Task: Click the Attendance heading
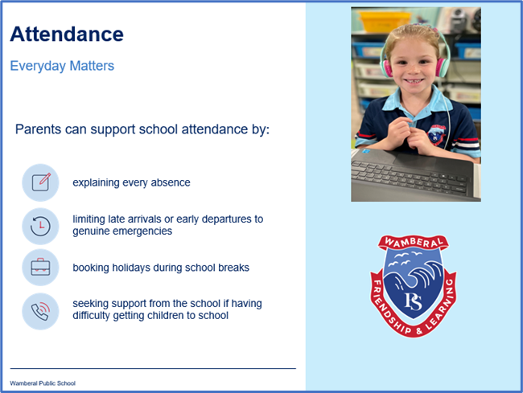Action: click(67, 35)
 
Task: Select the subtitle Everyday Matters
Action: click(62, 66)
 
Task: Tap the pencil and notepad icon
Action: click(41, 182)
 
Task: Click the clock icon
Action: click(40, 226)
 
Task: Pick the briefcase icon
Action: click(40, 267)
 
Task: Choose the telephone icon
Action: click(40, 311)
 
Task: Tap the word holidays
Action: click(130, 268)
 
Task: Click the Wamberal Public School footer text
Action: click(43, 383)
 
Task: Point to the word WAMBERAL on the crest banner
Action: click(414, 242)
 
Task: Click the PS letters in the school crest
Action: click(413, 301)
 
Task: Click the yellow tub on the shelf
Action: click(385, 21)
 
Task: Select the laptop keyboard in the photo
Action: click(410, 177)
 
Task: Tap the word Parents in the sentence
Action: click(39, 129)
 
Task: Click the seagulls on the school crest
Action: click(405, 259)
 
